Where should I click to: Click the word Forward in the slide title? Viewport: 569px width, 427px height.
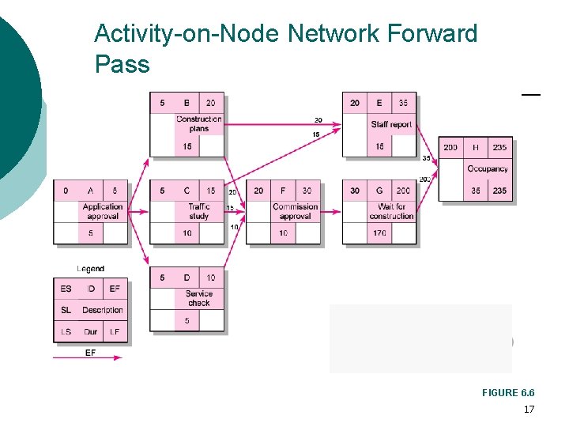[433, 34]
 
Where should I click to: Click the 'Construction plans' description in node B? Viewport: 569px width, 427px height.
[199, 124]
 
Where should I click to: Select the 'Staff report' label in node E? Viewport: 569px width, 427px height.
[391, 125]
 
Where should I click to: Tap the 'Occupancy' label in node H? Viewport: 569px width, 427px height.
[488, 169]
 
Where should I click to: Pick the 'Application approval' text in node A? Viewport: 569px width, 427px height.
[103, 211]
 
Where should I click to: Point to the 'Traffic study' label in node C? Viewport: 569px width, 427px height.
[199, 211]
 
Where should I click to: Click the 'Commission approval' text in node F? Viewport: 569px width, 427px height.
[295, 211]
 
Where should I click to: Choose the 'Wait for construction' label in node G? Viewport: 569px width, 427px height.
[391, 211]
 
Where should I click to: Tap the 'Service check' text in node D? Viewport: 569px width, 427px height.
[199, 298]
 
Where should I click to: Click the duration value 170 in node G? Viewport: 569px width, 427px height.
[379, 233]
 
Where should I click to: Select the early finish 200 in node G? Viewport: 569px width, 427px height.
[403, 191]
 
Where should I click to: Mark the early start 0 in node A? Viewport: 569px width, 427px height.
[66, 191]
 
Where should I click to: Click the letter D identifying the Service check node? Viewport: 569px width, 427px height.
[187, 278]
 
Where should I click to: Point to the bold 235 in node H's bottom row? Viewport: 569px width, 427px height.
[499, 191]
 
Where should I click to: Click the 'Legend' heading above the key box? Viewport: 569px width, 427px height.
[90, 269]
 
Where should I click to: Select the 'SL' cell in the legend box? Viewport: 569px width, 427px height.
[66, 310]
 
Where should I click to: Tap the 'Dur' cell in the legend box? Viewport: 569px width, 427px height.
[91, 331]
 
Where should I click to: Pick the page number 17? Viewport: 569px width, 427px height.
[529, 410]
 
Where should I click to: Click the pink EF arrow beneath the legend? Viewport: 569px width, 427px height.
[87, 357]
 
